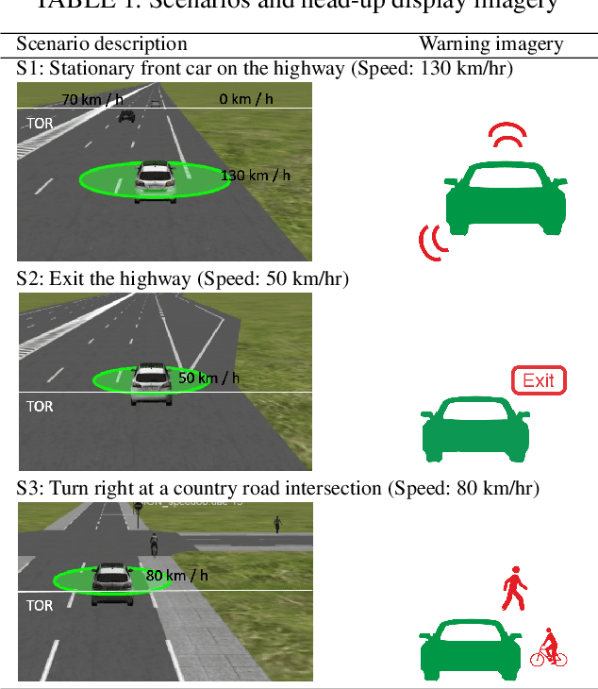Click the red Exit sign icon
[539, 380]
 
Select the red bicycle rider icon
[548, 648]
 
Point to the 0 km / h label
[246, 99]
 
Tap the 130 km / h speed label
[255, 176]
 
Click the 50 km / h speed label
[208, 378]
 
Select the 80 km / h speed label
[176, 575]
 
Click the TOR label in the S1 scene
[41, 124]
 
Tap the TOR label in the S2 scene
[41, 407]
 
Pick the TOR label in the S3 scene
[41, 605]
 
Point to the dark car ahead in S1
[127, 115]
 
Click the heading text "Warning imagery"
[490, 44]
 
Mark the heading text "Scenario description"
[102, 44]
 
